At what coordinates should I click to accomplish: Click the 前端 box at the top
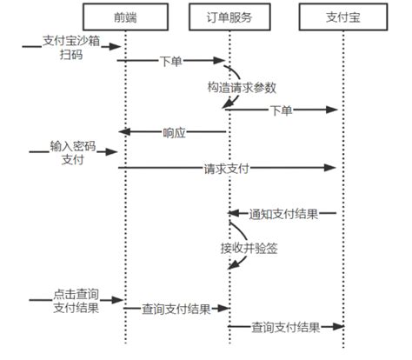point(125,18)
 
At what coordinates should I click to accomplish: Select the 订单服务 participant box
point(229,18)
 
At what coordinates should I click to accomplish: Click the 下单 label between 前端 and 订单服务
point(171,62)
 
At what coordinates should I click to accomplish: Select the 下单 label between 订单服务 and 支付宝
point(281,110)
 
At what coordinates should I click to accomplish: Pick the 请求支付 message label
point(229,169)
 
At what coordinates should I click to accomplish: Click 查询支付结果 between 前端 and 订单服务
point(175,309)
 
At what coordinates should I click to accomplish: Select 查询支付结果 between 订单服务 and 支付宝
point(282,327)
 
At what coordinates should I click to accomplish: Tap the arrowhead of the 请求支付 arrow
point(332,169)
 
